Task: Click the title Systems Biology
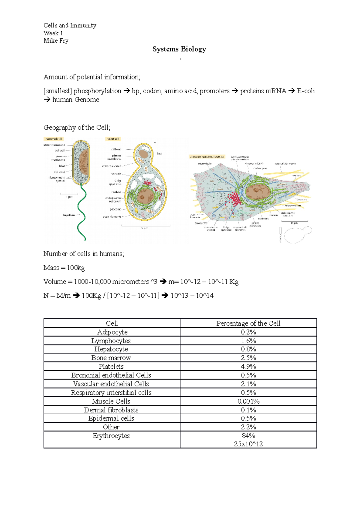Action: click(x=179, y=49)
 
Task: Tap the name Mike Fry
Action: click(x=56, y=40)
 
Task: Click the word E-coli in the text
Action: click(x=306, y=91)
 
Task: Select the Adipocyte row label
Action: click(x=112, y=332)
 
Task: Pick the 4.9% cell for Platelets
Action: click(x=248, y=366)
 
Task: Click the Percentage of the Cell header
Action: click(x=248, y=323)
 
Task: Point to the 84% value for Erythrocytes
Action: click(x=248, y=436)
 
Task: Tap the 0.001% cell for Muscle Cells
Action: click(x=248, y=401)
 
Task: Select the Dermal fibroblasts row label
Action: click(x=111, y=410)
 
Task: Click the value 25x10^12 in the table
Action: click(x=248, y=444)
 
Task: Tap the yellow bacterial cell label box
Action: click(x=54, y=139)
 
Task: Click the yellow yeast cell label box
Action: click(x=113, y=139)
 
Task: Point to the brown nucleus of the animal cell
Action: click(x=256, y=192)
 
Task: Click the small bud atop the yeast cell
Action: click(x=144, y=154)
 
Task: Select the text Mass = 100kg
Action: click(x=64, y=268)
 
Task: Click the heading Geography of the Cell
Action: click(x=77, y=127)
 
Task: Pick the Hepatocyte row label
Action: click(x=111, y=349)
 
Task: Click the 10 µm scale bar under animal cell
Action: click(x=295, y=221)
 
